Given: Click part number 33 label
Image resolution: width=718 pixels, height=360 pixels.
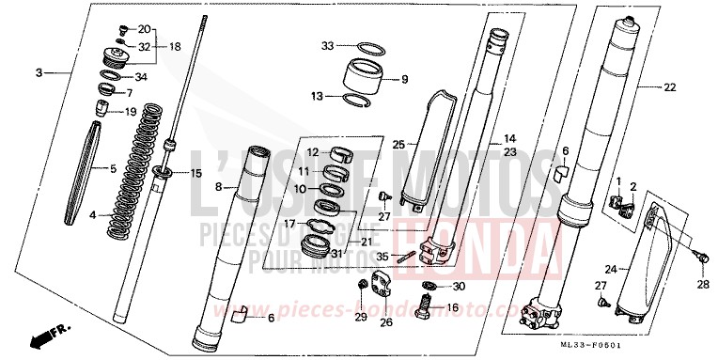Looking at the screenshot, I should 327,45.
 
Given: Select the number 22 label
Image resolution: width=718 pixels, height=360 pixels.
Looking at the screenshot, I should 670,87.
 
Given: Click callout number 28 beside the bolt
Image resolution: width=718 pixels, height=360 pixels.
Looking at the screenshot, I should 703,283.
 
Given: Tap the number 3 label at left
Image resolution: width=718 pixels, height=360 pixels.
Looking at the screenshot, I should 39,72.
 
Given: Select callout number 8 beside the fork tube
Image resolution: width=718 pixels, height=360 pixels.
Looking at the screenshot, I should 218,188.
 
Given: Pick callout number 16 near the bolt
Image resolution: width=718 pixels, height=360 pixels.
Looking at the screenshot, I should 452,307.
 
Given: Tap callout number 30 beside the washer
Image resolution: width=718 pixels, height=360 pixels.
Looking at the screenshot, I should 458,286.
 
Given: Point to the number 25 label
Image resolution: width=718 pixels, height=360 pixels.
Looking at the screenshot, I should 399,145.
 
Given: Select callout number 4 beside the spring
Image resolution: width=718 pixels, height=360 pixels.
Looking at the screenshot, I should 92,215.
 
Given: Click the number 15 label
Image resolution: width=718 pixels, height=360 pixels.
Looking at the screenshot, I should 196,173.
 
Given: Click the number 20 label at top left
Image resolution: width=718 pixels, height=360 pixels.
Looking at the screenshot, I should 144,29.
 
